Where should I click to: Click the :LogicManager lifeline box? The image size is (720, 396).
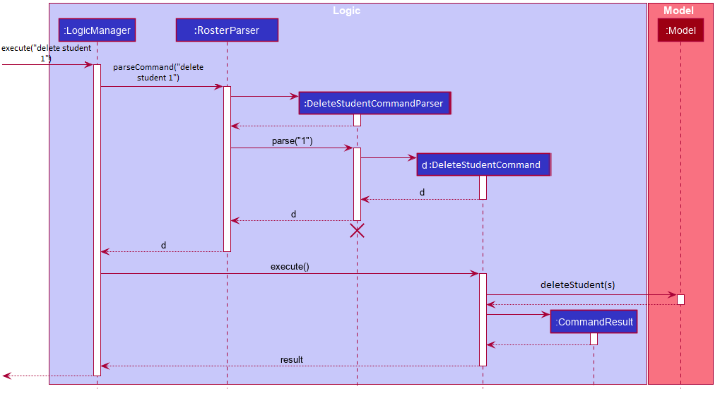click(x=97, y=30)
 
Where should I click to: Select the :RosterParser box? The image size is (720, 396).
click(x=227, y=30)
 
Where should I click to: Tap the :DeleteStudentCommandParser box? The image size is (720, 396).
click(x=373, y=103)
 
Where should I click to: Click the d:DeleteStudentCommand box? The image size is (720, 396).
click(x=483, y=164)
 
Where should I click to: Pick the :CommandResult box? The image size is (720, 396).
click(x=594, y=322)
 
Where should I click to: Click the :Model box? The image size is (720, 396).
click(x=680, y=30)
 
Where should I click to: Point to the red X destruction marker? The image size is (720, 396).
click(x=358, y=230)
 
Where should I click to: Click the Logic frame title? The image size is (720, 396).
click(x=346, y=11)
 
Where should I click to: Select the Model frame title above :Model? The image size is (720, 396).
click(x=678, y=11)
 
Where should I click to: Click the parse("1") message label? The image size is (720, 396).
click(x=292, y=141)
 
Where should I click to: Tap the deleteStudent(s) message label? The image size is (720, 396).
click(x=577, y=285)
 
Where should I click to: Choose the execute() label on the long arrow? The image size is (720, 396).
click(x=290, y=267)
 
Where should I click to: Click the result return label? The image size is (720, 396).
click(x=291, y=360)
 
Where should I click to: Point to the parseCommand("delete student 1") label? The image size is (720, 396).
click(x=158, y=72)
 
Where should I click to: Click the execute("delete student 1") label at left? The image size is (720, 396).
click(x=46, y=53)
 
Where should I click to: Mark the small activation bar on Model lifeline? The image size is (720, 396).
click(x=680, y=299)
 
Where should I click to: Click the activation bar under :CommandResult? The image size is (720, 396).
click(x=594, y=339)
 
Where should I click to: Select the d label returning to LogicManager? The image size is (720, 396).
click(x=163, y=246)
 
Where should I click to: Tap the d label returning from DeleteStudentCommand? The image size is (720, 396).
click(x=422, y=192)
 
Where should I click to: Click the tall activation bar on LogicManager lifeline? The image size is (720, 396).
click(x=97, y=219)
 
